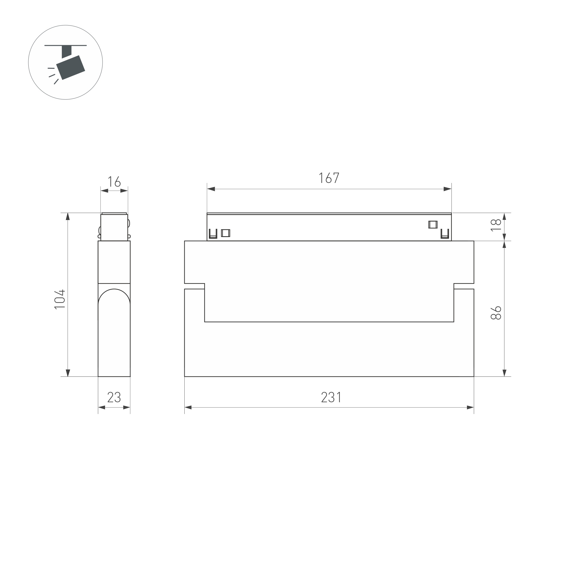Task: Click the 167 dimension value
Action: pyautogui.click(x=329, y=178)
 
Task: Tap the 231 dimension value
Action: pyautogui.click(x=331, y=397)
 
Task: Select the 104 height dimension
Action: pyautogui.click(x=60, y=299)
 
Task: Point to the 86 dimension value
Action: pyautogui.click(x=496, y=313)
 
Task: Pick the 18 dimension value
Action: pyautogui.click(x=496, y=225)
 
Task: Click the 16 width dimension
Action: pyautogui.click(x=114, y=182)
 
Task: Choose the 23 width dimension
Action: pyautogui.click(x=114, y=397)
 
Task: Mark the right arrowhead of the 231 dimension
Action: pyautogui.click(x=470, y=407)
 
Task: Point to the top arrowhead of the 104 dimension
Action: pyautogui.click(x=68, y=217)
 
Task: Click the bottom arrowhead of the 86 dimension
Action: pyautogui.click(x=504, y=373)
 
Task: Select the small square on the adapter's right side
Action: pyautogui.click(x=433, y=225)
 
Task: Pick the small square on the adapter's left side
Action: pyautogui.click(x=226, y=233)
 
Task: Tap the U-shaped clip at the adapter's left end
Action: pyautogui.click(x=213, y=234)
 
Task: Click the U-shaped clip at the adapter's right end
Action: pyautogui.click(x=445, y=234)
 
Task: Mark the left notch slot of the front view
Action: pyautogui.click(x=194, y=286)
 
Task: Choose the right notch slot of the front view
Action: pyautogui.click(x=463, y=286)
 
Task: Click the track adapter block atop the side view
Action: pyautogui.click(x=114, y=227)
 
